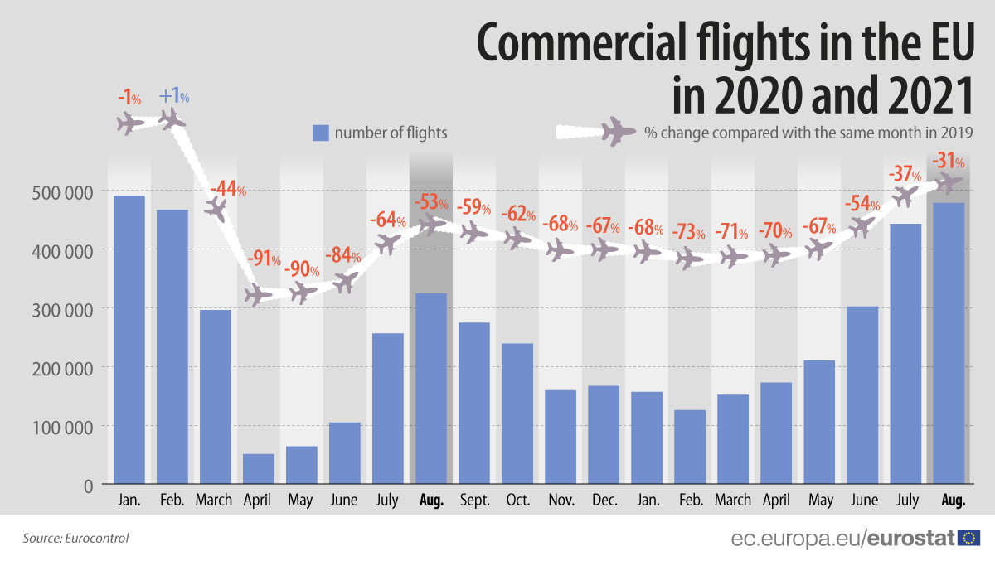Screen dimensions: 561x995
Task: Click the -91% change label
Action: pyautogui.click(x=265, y=259)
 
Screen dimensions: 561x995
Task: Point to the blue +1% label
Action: pyautogui.click(x=173, y=97)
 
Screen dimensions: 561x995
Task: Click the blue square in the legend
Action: pyautogui.click(x=321, y=133)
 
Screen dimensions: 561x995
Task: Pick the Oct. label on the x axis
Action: pyautogui.click(x=517, y=501)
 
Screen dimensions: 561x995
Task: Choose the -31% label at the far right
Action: pyautogui.click(x=947, y=160)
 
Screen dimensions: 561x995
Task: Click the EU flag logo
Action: pyautogui.click(x=968, y=539)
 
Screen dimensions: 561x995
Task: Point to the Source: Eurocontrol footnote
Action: pyautogui.click(x=75, y=539)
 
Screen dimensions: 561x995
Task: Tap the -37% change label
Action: pyautogui.click(x=905, y=175)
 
